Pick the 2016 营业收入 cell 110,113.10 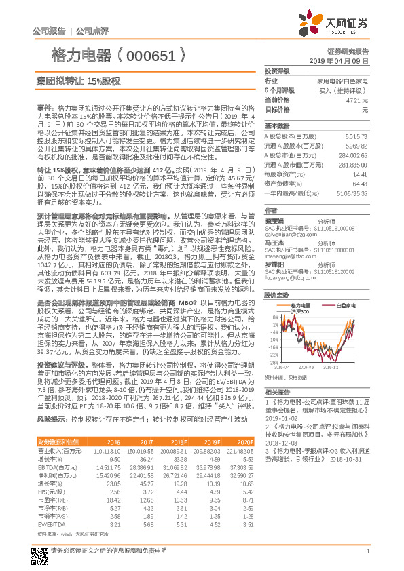coord(107,451)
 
